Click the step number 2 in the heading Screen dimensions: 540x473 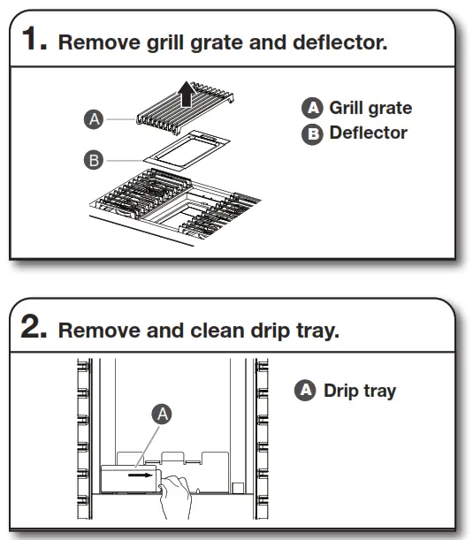pos(34,330)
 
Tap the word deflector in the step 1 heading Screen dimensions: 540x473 pos(339,43)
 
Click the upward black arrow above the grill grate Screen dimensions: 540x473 pos(187,91)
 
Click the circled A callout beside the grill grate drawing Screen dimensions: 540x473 pos(95,118)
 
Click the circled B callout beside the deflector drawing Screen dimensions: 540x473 pos(95,160)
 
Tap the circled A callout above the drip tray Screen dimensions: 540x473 pos(162,414)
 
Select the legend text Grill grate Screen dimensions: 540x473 pos(370,108)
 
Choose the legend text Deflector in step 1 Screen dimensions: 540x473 pos(368,133)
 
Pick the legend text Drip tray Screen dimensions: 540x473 pos(360,391)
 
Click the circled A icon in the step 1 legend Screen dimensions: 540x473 pos(313,109)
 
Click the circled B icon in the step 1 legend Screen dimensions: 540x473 pos(313,134)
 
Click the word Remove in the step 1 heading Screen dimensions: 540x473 pos(92,43)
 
